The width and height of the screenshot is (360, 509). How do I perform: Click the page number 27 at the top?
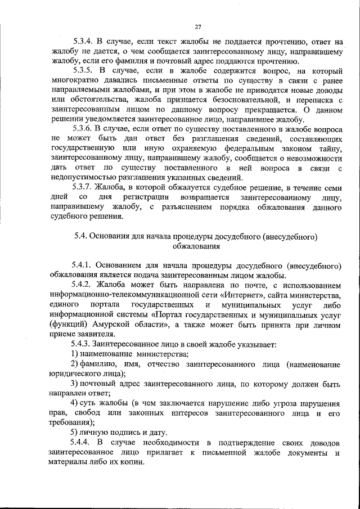tap(198, 26)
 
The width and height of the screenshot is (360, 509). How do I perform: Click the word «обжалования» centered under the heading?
tap(196, 245)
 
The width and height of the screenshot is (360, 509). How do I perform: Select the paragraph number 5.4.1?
tap(83, 264)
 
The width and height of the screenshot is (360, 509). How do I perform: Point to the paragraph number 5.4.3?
tap(83, 343)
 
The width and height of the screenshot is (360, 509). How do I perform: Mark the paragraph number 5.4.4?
tap(83, 443)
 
